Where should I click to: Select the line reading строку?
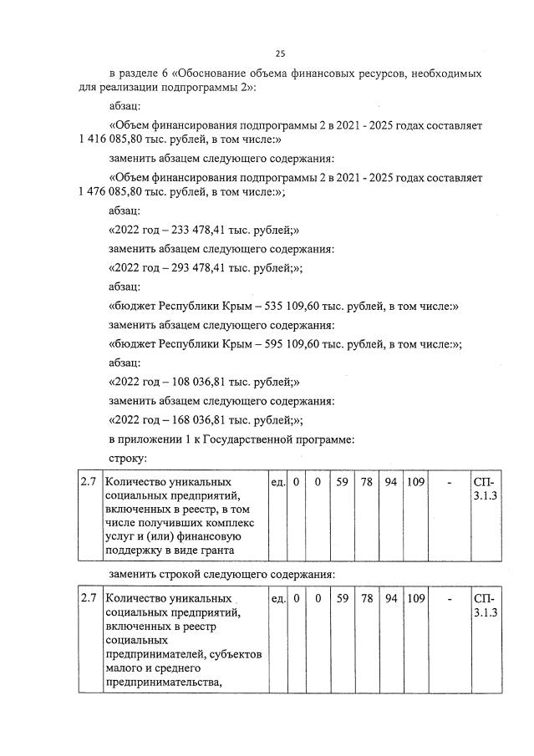coord(129,459)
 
